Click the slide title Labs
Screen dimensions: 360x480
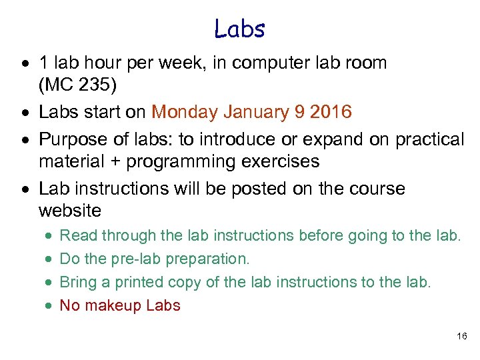(240, 28)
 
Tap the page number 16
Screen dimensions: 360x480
(462, 337)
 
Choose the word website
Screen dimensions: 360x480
(70, 211)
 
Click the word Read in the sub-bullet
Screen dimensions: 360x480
(77, 235)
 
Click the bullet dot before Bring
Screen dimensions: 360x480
(50, 283)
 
